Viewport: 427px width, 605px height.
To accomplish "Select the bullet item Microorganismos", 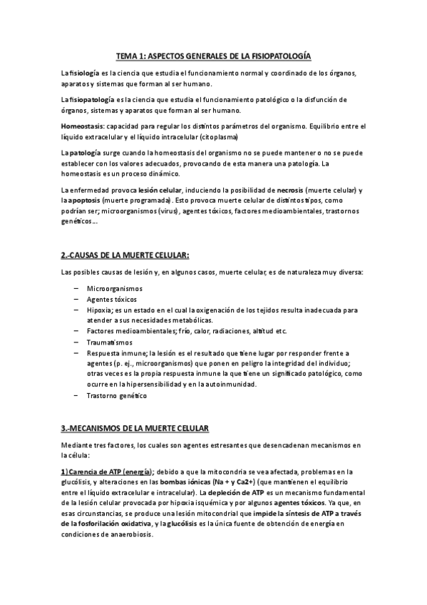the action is coord(114,288).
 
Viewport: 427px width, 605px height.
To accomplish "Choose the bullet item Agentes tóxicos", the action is coord(111,300).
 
